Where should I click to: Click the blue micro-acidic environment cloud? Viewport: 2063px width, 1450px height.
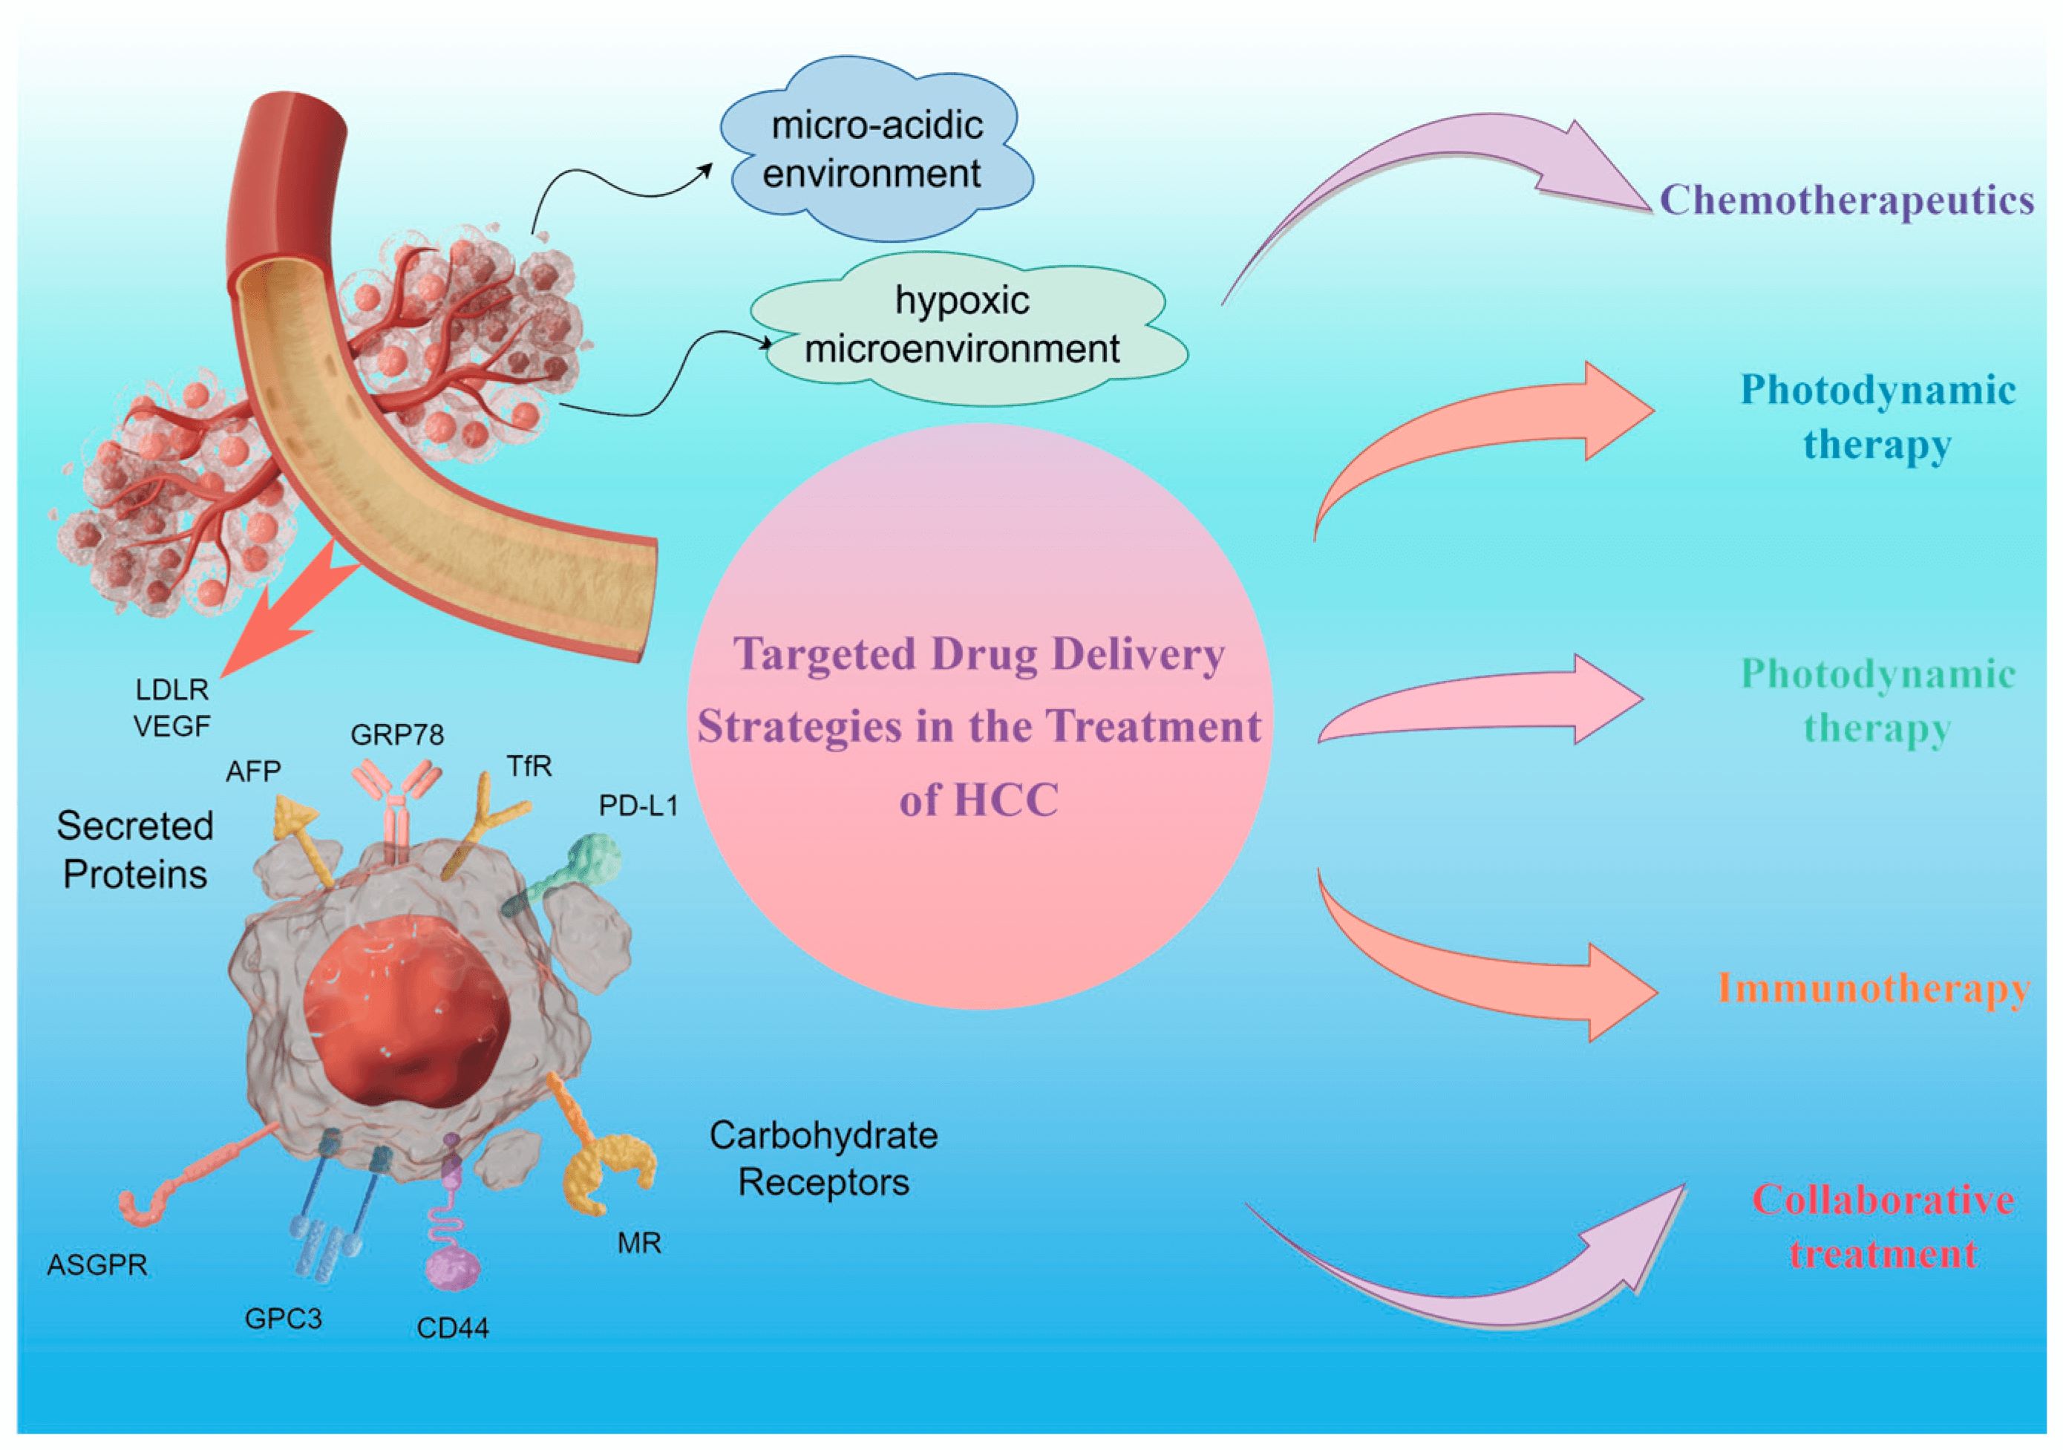coord(876,148)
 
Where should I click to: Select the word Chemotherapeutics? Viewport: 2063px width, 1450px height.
coord(1846,200)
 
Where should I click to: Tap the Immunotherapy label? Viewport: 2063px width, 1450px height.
coord(1874,988)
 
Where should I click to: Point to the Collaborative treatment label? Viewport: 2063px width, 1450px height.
coord(1883,1227)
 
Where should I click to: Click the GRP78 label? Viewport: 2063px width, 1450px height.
coord(397,735)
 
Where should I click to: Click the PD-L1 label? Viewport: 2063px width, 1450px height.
coord(638,806)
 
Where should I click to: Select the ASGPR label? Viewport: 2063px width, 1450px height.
coord(97,1265)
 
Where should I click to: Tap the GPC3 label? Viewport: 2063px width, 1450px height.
coord(283,1319)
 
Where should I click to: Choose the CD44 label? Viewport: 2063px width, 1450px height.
coord(453,1327)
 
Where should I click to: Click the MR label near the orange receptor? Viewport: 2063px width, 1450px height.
coord(640,1244)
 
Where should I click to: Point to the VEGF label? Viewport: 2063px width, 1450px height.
coord(171,726)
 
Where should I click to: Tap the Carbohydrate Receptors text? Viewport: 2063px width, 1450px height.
coord(823,1159)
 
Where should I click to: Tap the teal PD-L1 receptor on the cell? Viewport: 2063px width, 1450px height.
coord(589,858)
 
